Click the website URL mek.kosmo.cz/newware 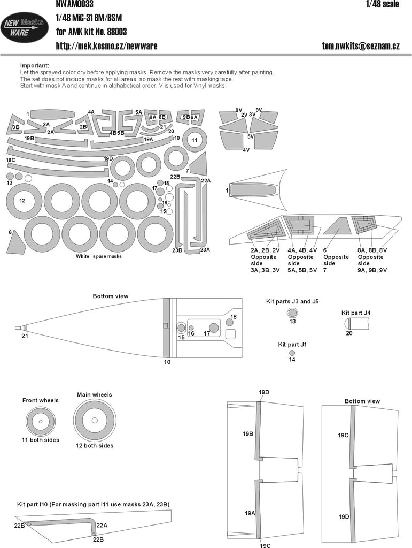pos(106,46)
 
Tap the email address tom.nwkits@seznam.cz pos(360,46)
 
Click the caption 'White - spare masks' pos(99,256)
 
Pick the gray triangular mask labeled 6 pos(16,243)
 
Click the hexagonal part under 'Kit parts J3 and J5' pos(292,313)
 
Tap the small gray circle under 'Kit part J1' pos(292,353)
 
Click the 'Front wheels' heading pos(41,400)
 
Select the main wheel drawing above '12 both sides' pos(95,420)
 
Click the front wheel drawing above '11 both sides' pos(41,421)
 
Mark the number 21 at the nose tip pos(24,336)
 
